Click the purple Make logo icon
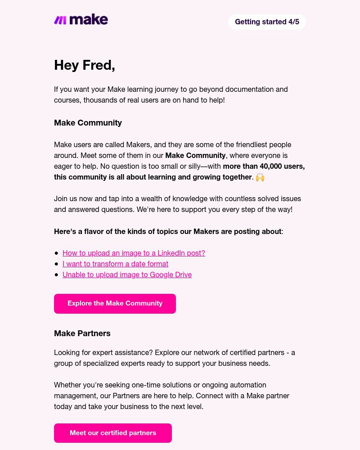(60, 20)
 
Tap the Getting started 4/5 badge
(267, 22)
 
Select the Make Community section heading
(88, 123)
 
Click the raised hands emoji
(260, 177)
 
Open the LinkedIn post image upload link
(134, 253)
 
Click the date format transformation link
(115, 264)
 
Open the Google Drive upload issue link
(127, 274)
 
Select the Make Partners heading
(82, 333)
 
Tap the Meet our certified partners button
(112, 433)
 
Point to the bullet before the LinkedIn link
(57, 253)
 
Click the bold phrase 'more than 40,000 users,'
(264, 166)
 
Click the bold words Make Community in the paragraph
(195, 156)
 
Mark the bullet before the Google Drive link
(57, 275)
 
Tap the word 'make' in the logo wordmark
(89, 20)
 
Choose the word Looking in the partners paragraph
(67, 353)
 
